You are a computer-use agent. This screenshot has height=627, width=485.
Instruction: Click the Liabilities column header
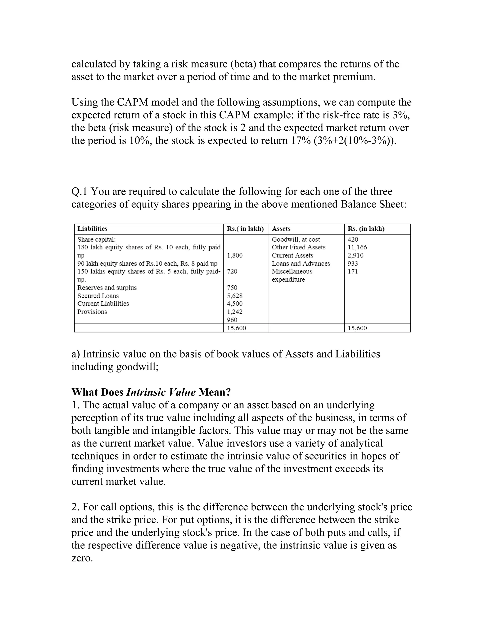tap(92, 229)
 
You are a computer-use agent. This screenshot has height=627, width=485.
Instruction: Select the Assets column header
tap(281, 229)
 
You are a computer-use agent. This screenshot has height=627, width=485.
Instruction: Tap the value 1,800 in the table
tap(234, 255)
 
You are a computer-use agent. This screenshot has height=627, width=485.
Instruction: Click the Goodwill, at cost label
tap(296, 239)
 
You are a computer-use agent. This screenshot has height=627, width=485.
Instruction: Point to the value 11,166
tap(357, 247)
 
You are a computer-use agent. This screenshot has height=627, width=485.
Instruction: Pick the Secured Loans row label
tap(98, 296)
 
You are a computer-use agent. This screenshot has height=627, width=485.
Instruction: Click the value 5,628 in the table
tap(234, 296)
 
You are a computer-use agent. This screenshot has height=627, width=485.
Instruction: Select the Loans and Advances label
tap(301, 263)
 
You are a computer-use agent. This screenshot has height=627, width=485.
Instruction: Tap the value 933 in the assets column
tap(353, 263)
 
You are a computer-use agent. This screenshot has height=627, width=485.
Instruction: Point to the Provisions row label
tap(92, 312)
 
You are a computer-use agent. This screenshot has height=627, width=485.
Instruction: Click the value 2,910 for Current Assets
tap(355, 255)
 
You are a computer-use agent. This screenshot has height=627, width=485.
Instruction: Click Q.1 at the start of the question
tap(80, 191)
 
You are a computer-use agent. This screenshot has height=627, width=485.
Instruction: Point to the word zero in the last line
tap(82, 558)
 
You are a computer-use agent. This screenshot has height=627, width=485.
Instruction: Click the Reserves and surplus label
tap(107, 288)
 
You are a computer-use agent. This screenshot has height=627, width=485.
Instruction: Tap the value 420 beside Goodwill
tap(353, 239)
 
